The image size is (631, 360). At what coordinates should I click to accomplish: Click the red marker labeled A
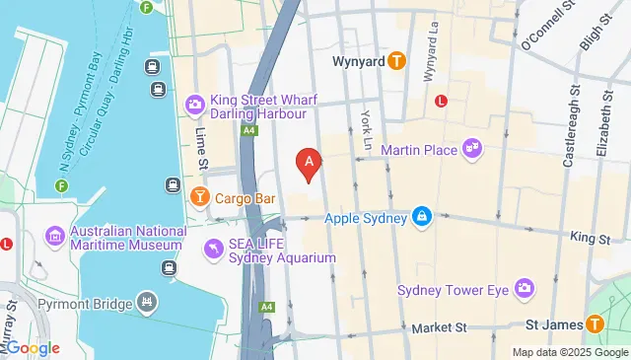point(310,163)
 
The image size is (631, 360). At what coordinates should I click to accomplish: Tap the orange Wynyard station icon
point(396,60)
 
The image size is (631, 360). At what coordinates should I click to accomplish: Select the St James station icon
point(595,324)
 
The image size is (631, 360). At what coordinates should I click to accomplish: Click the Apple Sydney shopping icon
point(422,214)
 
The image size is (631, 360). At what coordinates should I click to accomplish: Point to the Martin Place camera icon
point(474,148)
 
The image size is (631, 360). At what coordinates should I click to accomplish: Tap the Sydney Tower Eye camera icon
point(525,289)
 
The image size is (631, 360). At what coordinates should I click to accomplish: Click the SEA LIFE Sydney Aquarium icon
point(212,245)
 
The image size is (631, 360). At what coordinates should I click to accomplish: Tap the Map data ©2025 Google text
point(569,352)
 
